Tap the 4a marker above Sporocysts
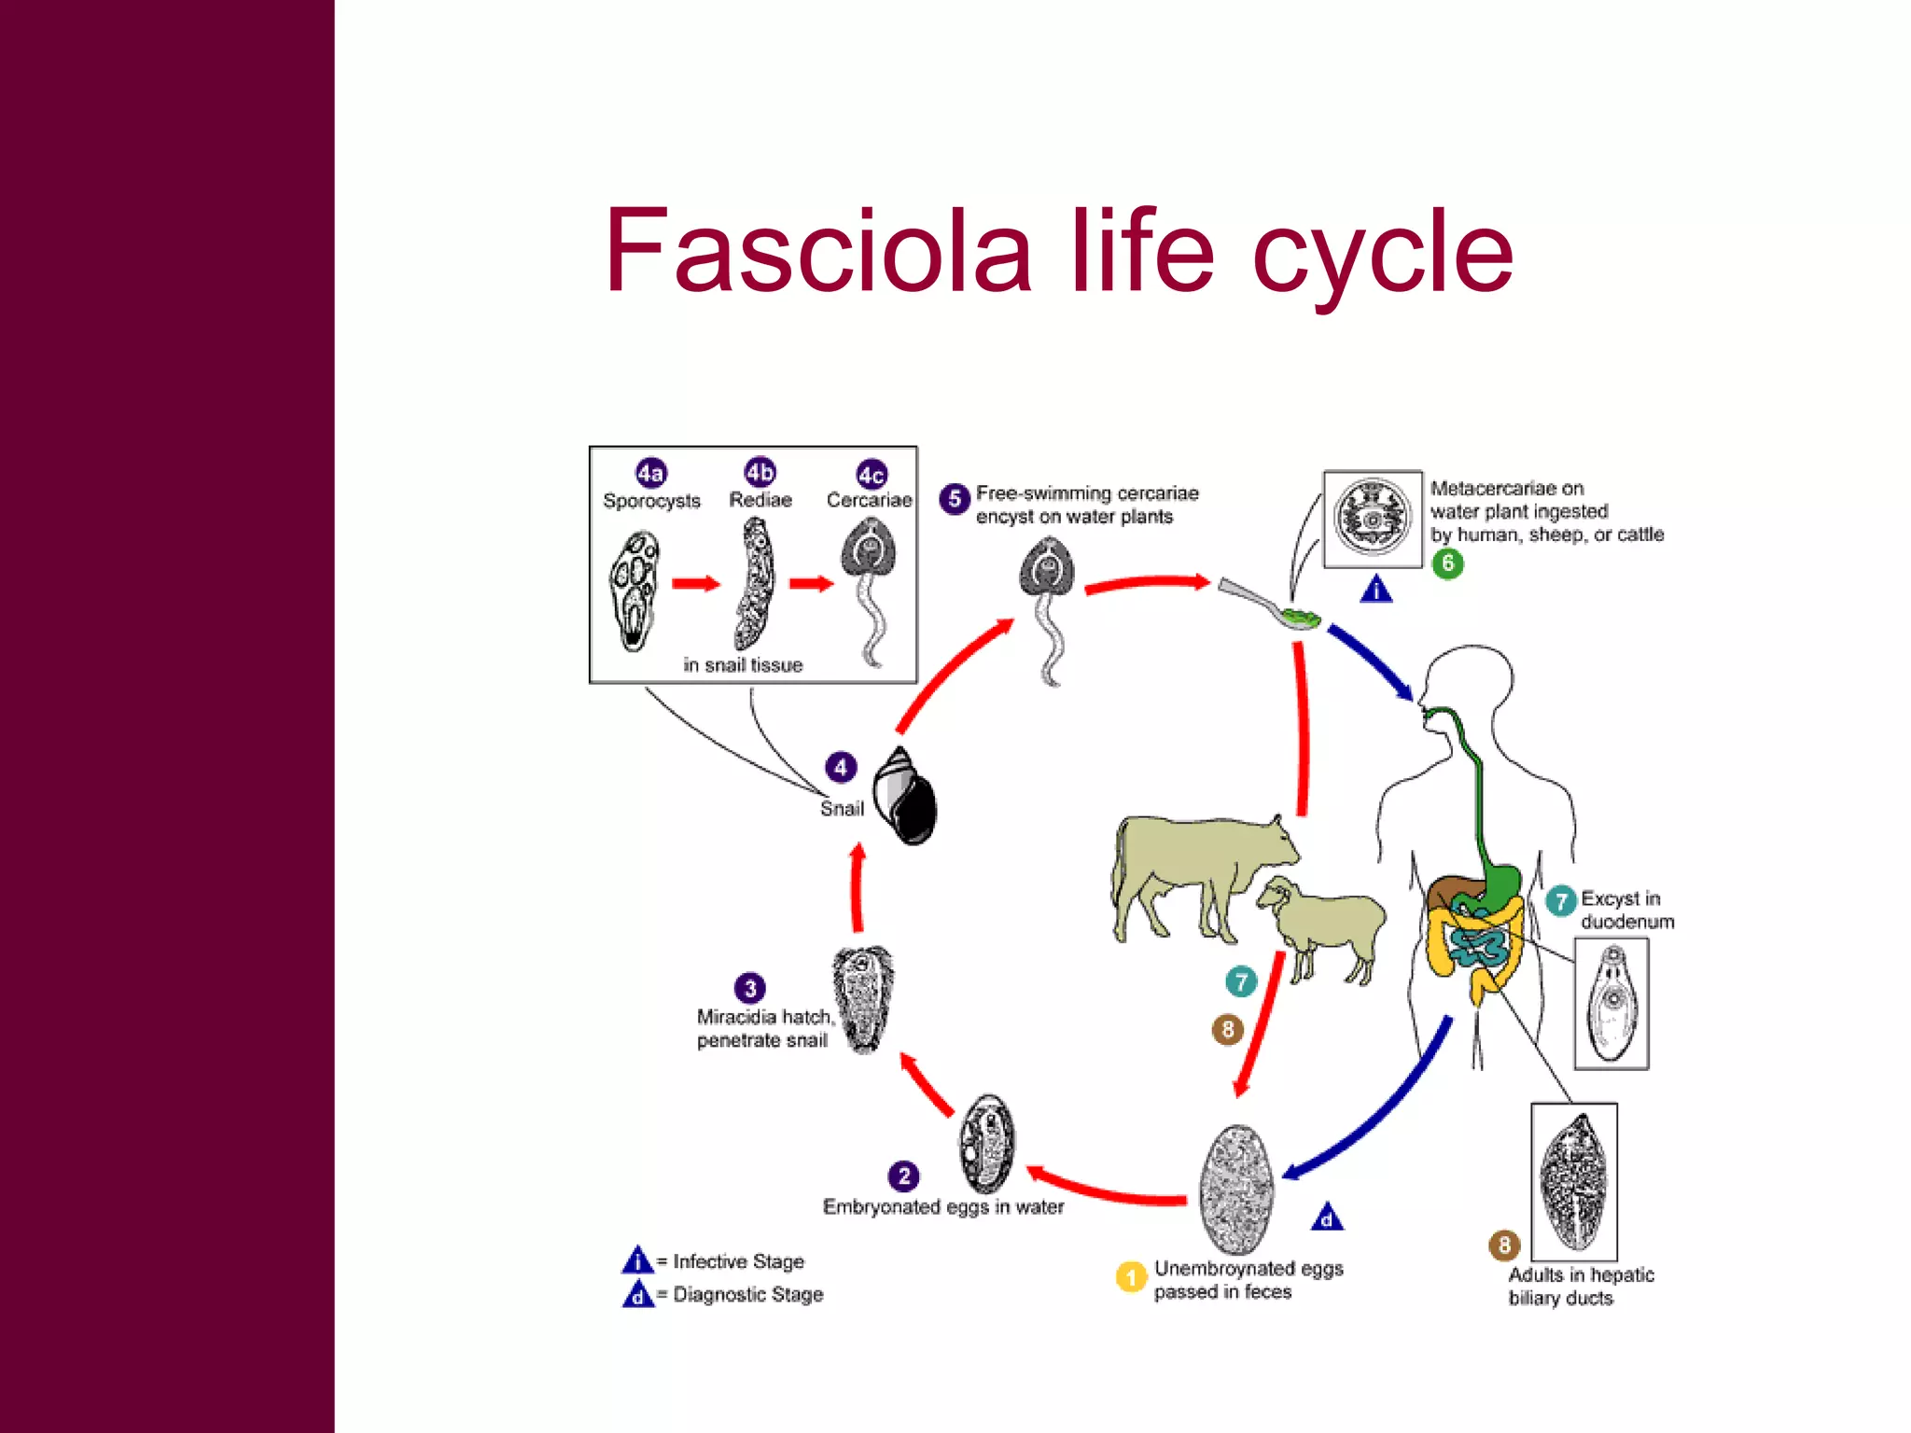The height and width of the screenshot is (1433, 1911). (650, 473)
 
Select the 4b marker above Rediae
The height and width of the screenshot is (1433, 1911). (760, 472)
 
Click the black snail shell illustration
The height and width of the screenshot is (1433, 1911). (904, 797)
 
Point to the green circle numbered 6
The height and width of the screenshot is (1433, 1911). (1447, 563)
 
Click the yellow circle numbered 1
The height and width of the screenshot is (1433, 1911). (1131, 1276)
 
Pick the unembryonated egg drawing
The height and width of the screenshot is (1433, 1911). (1237, 1189)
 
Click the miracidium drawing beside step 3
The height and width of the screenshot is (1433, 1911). (863, 998)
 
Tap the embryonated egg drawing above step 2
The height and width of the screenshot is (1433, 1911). (986, 1144)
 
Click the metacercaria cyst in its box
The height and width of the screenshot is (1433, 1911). (1372, 518)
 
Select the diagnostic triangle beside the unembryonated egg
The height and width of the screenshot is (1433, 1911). (1327, 1217)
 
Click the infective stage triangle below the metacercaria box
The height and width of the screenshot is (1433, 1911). (1376, 590)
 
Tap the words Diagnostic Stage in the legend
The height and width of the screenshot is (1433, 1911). (747, 1294)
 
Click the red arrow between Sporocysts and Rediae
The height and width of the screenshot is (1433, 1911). (696, 584)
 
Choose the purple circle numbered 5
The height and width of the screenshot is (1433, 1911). (954, 498)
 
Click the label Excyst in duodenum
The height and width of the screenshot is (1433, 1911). (1626, 910)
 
